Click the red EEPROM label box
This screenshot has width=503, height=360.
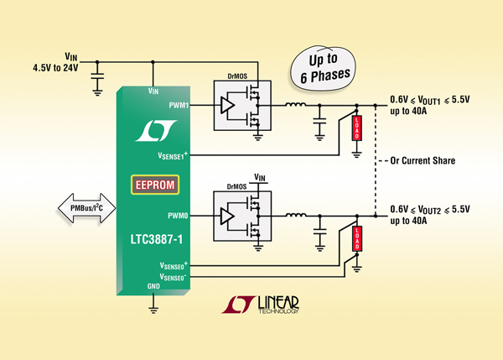click(155, 185)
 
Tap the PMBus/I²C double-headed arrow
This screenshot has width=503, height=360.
click(86, 208)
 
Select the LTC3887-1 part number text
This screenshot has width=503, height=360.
click(156, 239)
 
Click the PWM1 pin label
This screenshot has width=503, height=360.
click(179, 105)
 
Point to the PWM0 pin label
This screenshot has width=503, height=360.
click(178, 216)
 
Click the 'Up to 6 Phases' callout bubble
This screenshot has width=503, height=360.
click(324, 68)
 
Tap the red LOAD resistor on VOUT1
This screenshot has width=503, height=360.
click(357, 128)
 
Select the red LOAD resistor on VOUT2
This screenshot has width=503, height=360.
click(357, 238)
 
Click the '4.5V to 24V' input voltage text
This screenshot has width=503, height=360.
click(55, 68)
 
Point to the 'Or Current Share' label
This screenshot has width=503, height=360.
click(423, 160)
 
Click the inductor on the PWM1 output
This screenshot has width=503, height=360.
click(295, 104)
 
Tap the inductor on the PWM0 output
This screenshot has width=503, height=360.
click(295, 215)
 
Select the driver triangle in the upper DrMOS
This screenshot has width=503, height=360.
click(227, 105)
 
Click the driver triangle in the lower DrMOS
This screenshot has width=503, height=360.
click(227, 216)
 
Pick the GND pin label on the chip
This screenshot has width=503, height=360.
click(153, 286)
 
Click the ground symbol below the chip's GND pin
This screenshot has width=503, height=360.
click(153, 309)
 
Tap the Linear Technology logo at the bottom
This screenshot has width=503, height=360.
click(260, 305)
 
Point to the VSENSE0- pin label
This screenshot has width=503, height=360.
click(173, 277)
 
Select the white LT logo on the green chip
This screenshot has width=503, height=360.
click(156, 131)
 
